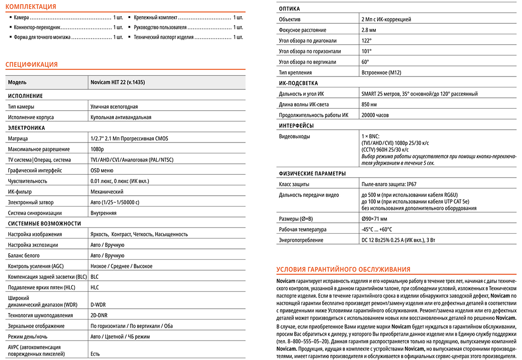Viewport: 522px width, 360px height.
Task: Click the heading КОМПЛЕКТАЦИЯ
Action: (30, 7)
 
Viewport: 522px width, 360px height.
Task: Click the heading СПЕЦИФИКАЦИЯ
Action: (31, 65)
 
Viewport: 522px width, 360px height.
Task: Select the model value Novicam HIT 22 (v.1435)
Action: (118, 82)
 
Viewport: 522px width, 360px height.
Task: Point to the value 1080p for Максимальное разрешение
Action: (97, 149)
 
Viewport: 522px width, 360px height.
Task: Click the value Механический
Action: (107, 191)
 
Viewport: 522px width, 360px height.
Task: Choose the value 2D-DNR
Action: (99, 315)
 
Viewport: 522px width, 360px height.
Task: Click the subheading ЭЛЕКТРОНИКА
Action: (27, 128)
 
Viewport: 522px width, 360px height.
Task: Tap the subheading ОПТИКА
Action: (289, 9)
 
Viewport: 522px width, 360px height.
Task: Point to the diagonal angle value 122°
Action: (366, 41)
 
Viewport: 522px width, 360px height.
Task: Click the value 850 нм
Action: (369, 104)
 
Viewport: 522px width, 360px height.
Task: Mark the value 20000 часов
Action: (375, 115)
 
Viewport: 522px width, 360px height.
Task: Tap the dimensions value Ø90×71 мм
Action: (374, 219)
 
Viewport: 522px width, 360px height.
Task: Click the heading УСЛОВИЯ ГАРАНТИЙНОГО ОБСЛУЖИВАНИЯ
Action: (343, 269)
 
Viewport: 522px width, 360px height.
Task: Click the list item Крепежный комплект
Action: (156, 17)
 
